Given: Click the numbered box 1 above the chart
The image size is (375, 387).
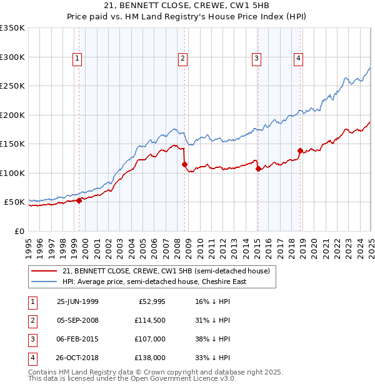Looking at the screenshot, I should point(77,59).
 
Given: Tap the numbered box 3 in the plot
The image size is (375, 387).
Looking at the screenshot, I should point(256,59).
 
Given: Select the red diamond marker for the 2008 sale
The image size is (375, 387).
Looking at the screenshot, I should point(184,165).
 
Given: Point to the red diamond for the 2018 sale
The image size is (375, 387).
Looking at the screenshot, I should point(300,150).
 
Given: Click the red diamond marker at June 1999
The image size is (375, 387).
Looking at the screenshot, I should point(79,200).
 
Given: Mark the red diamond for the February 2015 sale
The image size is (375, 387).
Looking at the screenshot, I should point(258,169).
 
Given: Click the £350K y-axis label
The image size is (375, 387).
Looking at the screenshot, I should point(12,28).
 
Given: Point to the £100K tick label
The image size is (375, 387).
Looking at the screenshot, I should point(12,173).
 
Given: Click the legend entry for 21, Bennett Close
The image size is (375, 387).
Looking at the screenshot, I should point(166,271).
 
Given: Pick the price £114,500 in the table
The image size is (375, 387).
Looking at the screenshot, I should point(149,320).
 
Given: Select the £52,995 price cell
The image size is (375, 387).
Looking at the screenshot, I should point(151,301).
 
